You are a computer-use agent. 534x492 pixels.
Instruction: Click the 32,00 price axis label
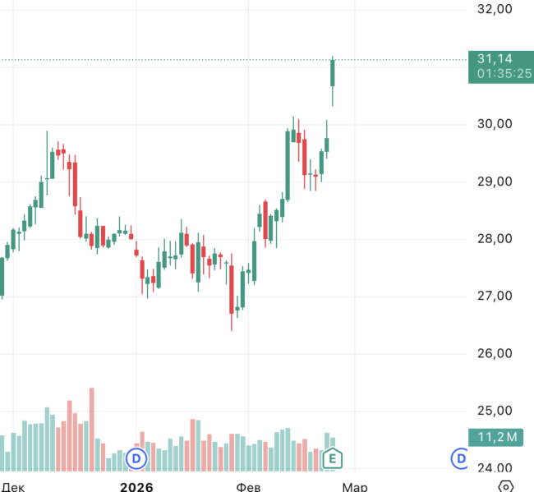point(495,9)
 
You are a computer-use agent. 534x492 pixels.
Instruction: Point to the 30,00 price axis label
point(495,124)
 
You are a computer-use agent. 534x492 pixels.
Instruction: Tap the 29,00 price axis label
point(495,182)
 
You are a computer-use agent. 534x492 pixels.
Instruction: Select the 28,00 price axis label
point(495,239)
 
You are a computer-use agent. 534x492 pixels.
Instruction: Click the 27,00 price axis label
point(495,296)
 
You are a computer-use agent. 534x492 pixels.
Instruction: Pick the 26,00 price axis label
point(495,353)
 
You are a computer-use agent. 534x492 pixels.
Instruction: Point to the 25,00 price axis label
point(495,411)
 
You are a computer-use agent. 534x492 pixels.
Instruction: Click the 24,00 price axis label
point(495,468)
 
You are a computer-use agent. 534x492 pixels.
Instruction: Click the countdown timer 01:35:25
point(504,73)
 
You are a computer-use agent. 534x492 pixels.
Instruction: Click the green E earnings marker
point(332,459)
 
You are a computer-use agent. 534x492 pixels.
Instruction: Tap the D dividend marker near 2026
point(136,458)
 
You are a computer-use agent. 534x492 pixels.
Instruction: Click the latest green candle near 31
point(333,72)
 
